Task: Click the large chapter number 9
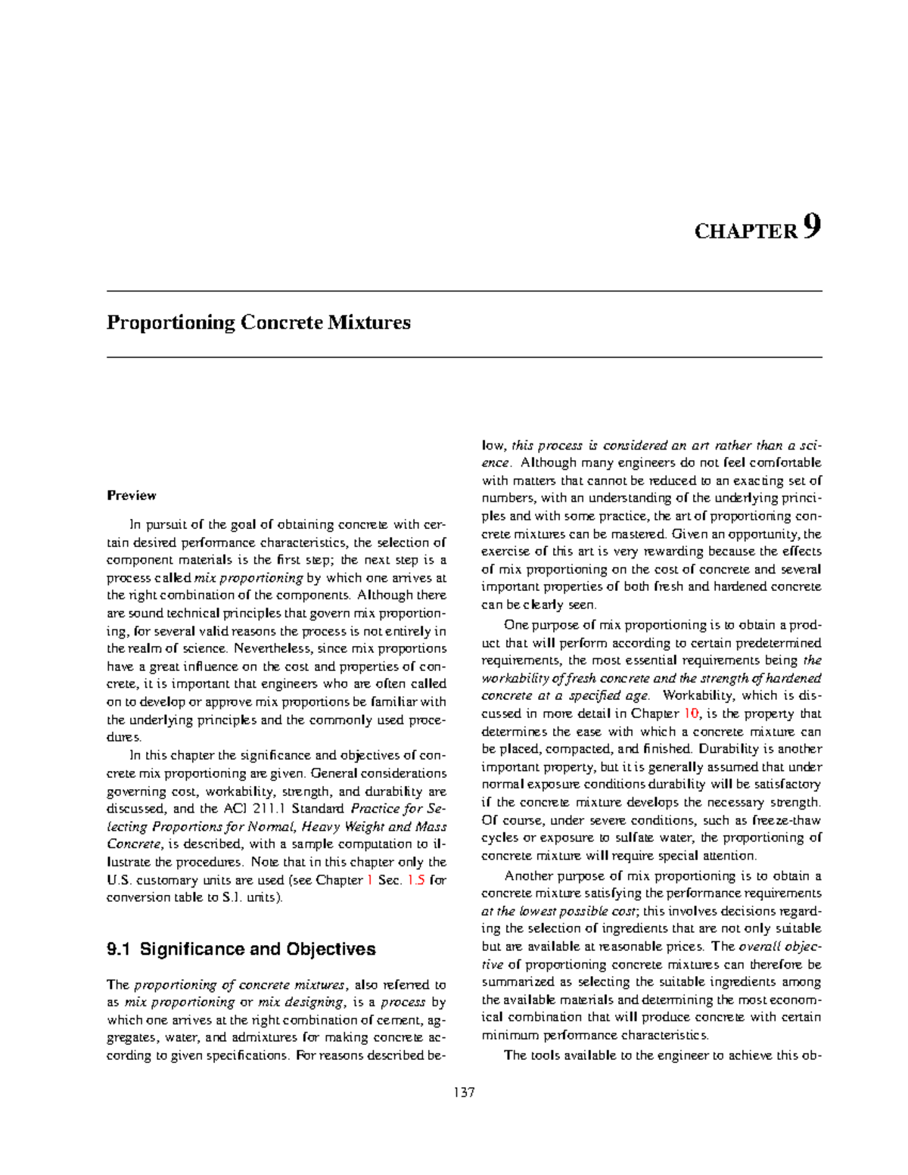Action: [x=812, y=226]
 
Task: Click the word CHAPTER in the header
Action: [x=745, y=232]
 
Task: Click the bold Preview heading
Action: [x=131, y=496]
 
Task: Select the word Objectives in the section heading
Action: [x=331, y=950]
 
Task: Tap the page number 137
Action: [x=464, y=1093]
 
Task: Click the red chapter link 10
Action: [x=692, y=713]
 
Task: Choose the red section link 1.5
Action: [x=415, y=880]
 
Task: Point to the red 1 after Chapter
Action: [x=369, y=880]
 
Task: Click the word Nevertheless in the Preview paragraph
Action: [x=268, y=648]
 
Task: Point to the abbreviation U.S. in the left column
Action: [x=120, y=880]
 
